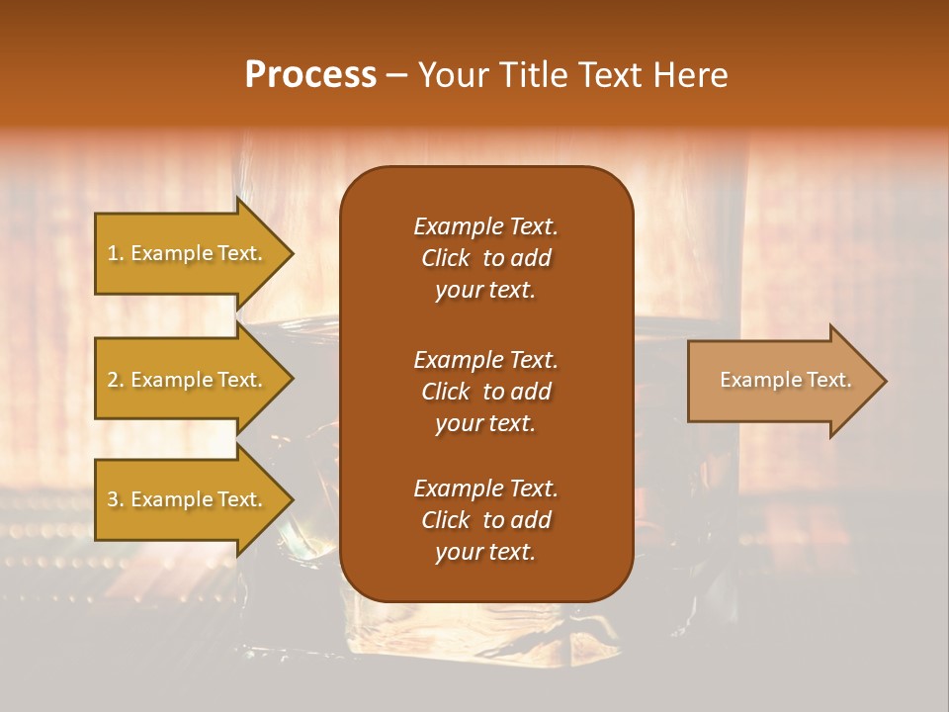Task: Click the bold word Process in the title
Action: point(310,75)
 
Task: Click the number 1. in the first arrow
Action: point(116,253)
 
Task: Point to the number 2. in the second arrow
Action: point(116,380)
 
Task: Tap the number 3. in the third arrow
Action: point(116,499)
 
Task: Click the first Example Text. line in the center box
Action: point(485,226)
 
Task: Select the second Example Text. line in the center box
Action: point(485,360)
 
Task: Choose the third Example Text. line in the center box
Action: point(485,489)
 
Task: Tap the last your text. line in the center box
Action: point(485,552)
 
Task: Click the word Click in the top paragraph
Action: point(446,258)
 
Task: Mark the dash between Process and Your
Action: point(396,76)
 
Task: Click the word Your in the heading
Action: point(451,75)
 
